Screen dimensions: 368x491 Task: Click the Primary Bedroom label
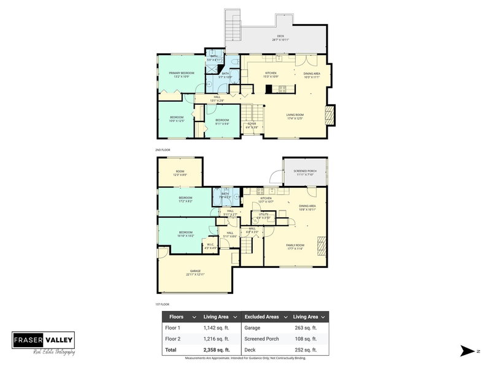coord(181,74)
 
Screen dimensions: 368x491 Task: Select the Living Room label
coord(294,115)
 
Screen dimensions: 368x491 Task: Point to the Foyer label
coord(252,125)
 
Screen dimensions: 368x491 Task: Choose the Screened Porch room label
coord(304,172)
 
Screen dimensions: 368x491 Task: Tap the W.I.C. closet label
coord(210,245)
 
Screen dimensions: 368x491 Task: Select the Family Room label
coord(295,247)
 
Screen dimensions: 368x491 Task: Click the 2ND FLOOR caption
coord(163,150)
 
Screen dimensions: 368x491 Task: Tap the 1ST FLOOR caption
coord(163,304)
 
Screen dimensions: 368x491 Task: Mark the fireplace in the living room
coord(330,114)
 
